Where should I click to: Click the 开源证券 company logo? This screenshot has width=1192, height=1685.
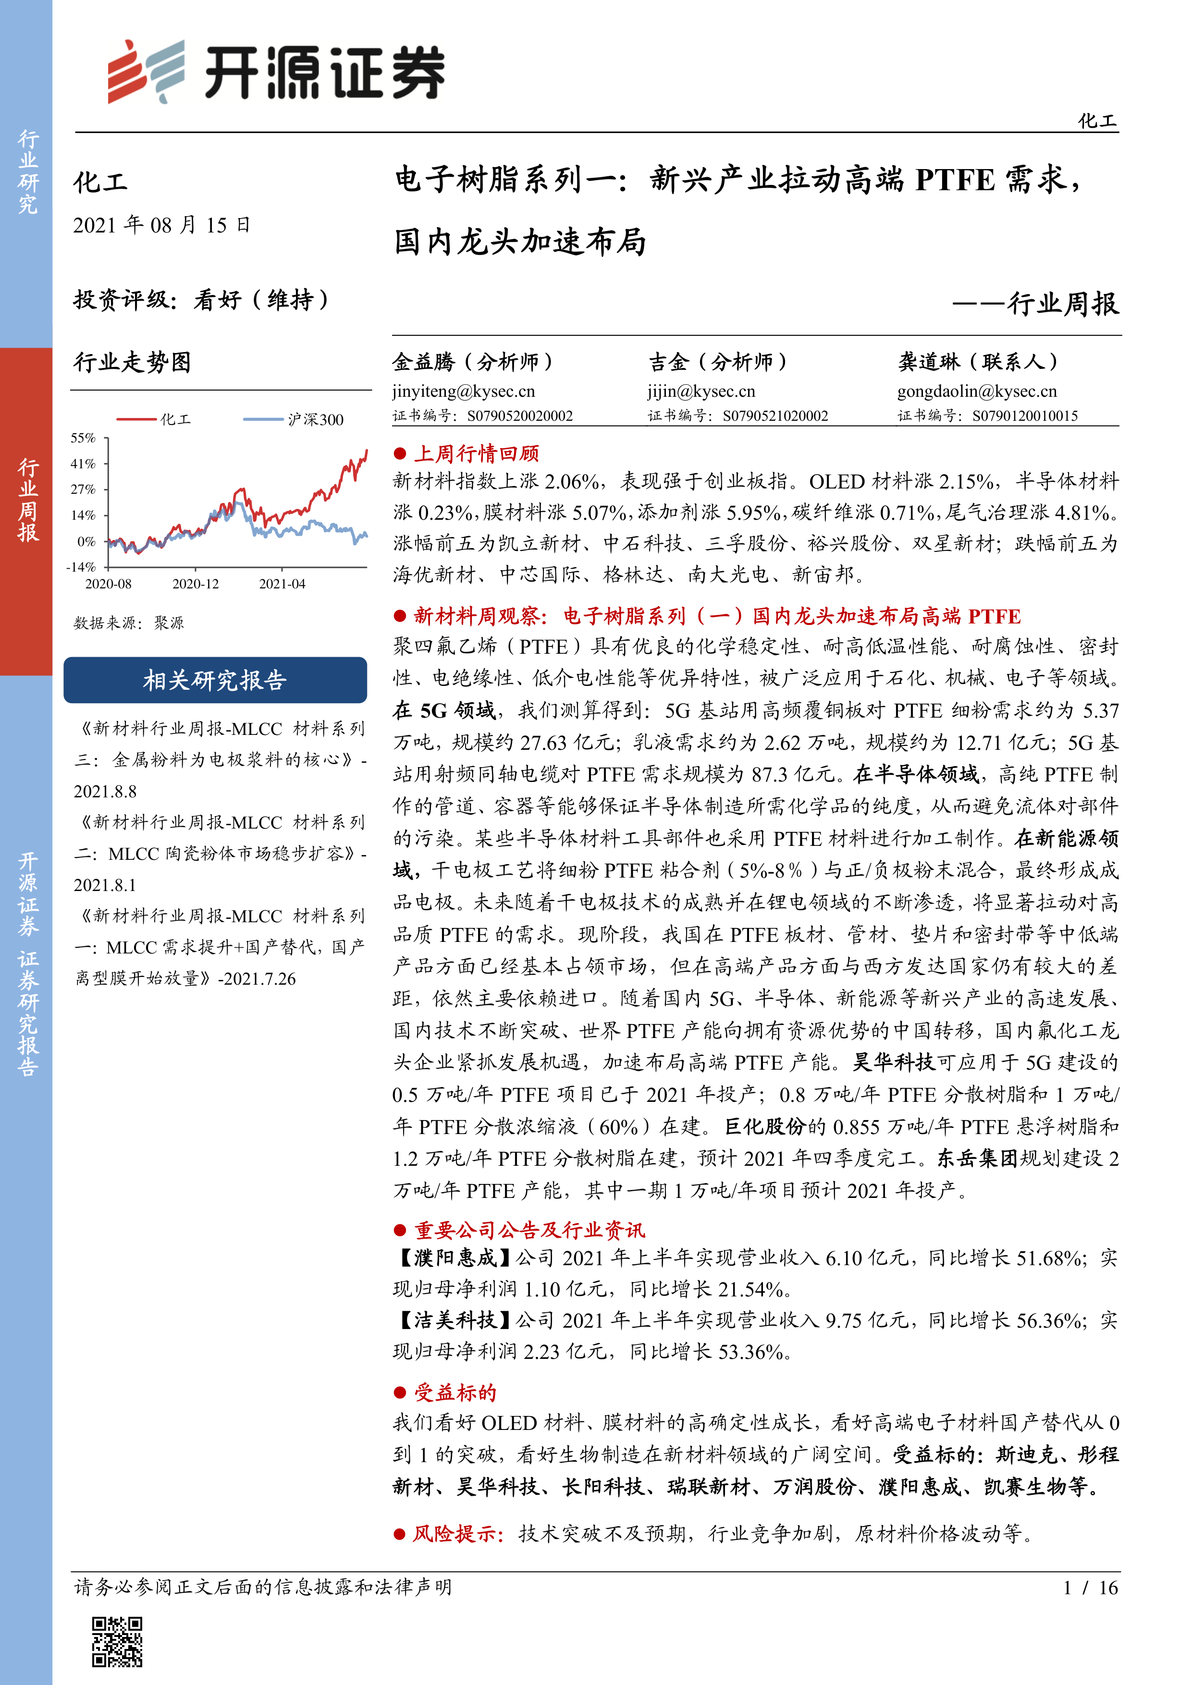(x=276, y=72)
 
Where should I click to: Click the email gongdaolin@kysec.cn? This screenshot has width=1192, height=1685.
(x=977, y=391)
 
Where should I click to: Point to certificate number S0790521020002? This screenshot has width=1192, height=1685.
(x=775, y=416)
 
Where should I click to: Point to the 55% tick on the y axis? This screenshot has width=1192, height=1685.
(x=83, y=438)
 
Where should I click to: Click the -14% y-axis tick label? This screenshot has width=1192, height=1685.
(x=82, y=567)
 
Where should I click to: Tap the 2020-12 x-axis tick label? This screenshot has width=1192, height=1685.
(x=195, y=584)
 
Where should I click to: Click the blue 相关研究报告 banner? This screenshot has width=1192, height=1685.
(x=215, y=680)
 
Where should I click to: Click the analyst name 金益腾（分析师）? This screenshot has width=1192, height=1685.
(x=473, y=362)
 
